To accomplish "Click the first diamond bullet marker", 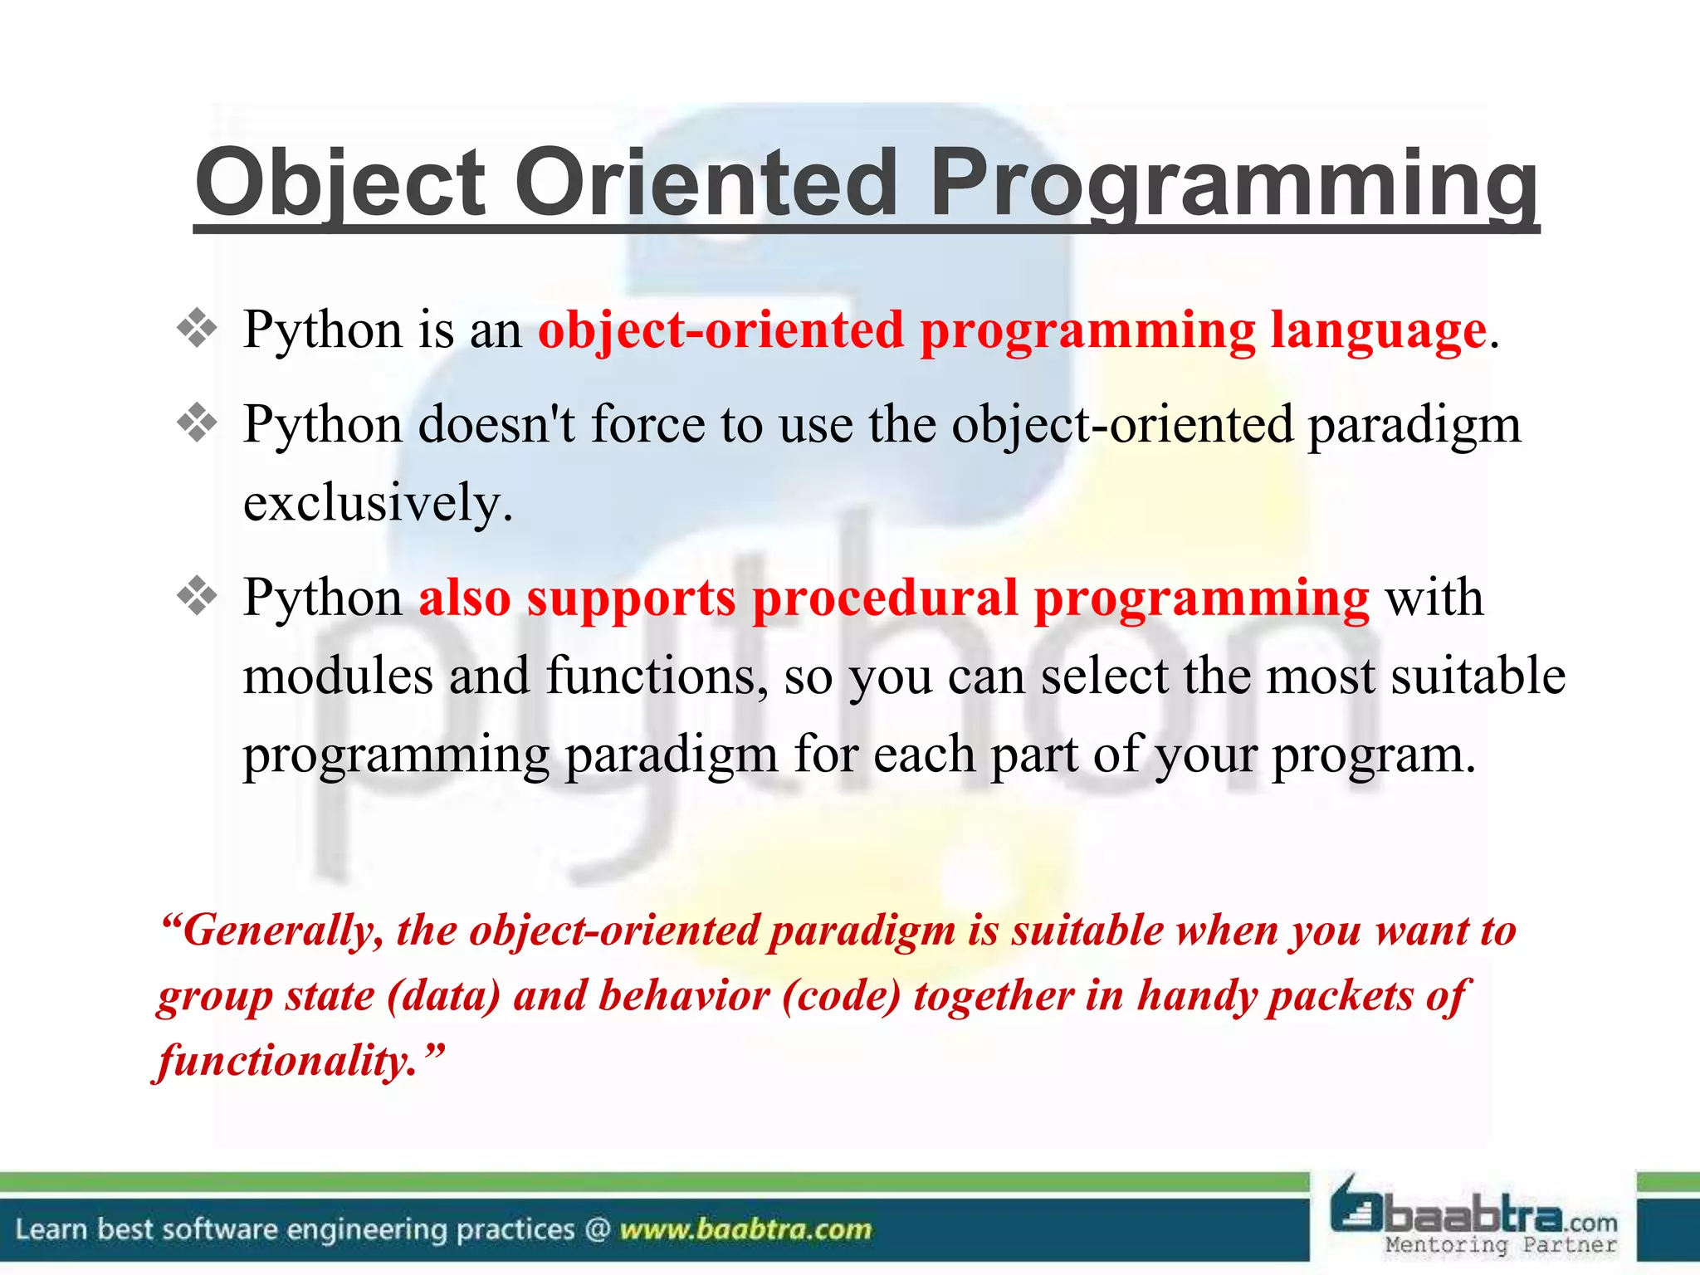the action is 197,329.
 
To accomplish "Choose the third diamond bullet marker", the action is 197,596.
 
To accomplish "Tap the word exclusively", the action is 378,503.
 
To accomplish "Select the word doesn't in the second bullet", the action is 496,424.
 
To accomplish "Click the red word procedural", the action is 885,599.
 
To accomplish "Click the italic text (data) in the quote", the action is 444,997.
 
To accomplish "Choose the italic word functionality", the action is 287,1062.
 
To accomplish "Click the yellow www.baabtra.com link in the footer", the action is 745,1229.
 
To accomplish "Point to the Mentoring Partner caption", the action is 1501,1244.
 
